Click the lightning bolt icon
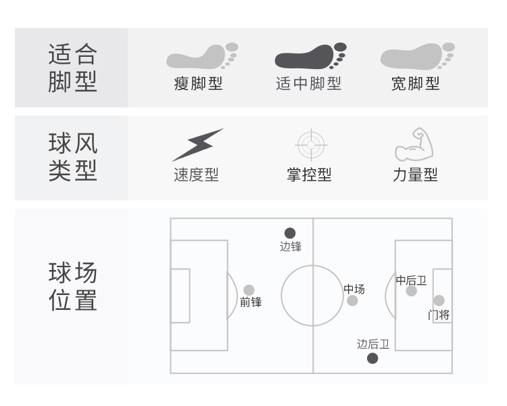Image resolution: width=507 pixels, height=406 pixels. click(x=197, y=145)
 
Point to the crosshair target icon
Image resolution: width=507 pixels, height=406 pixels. click(x=311, y=145)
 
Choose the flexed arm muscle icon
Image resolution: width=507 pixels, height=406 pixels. click(x=414, y=144)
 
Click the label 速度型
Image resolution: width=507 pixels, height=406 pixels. click(x=196, y=175)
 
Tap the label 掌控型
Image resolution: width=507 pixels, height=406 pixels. click(x=309, y=175)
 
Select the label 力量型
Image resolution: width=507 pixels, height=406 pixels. click(x=415, y=175)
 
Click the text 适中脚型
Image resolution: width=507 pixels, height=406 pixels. click(x=308, y=83)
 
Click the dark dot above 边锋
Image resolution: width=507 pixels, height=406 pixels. click(x=290, y=233)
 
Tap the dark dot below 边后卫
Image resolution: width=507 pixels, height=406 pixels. click(x=372, y=359)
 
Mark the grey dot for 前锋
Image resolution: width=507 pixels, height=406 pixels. click(x=249, y=290)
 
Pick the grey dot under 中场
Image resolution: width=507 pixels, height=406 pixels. click(x=352, y=300)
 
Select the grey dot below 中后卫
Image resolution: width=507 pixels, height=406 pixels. click(x=411, y=291)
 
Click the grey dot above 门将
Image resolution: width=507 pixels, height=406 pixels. click(x=439, y=300)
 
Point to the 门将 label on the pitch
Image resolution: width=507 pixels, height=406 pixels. click(x=439, y=315)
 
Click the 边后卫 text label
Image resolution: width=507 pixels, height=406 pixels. click(x=373, y=344)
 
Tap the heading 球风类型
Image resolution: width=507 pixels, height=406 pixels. click(x=73, y=157)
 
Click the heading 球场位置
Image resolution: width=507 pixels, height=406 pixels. click(x=73, y=286)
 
